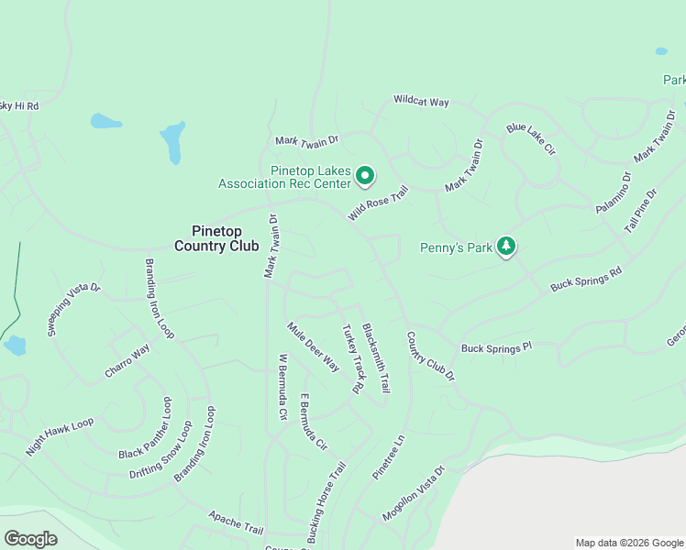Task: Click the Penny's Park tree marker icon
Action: tap(505, 246)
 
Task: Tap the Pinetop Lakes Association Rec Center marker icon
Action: tap(365, 174)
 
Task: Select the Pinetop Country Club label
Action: tap(216, 238)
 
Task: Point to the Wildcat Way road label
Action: tap(421, 101)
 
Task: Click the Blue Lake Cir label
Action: tap(531, 137)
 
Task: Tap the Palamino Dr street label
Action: tap(614, 192)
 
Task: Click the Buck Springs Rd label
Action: tap(586, 280)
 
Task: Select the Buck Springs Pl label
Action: tap(496, 348)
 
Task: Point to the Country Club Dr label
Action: tap(430, 357)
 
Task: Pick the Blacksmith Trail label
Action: tap(376, 357)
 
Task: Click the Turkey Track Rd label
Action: tap(352, 359)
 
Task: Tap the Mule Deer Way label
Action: tap(313, 346)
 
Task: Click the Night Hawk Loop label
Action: tap(60, 436)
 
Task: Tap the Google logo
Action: tap(30, 539)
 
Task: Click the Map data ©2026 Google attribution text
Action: tap(629, 543)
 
